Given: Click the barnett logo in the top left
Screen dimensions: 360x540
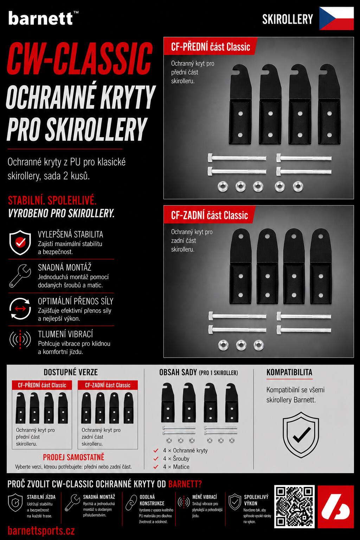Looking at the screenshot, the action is (x=43, y=18).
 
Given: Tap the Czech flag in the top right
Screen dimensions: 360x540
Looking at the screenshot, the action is (x=336, y=19).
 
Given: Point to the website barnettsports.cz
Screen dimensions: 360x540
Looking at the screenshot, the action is (x=41, y=531).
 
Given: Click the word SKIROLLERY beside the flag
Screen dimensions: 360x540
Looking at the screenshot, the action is (x=288, y=19).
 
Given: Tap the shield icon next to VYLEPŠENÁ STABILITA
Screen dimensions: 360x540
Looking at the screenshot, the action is (x=20, y=242).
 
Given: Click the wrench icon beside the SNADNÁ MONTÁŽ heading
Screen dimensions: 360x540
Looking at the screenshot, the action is (x=20, y=276).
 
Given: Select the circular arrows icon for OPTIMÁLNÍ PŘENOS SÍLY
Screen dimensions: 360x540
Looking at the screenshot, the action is (x=20, y=309).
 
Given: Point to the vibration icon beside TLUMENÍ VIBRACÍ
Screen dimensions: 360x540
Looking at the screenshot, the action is (x=20, y=339).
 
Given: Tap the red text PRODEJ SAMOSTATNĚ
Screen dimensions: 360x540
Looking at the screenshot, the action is (x=73, y=457).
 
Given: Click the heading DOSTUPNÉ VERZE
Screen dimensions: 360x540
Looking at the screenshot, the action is (x=71, y=372).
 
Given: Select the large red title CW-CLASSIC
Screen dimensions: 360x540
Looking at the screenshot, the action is (x=80, y=59).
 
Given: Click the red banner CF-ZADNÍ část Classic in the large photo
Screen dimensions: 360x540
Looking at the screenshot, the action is (x=209, y=215).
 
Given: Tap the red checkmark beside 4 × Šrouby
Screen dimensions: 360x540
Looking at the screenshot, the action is (x=156, y=458).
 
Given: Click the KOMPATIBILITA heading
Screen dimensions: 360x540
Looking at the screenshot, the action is (x=289, y=372).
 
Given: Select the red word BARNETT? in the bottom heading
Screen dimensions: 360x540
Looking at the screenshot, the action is (x=185, y=484).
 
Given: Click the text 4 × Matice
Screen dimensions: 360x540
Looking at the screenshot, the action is (x=176, y=467).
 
